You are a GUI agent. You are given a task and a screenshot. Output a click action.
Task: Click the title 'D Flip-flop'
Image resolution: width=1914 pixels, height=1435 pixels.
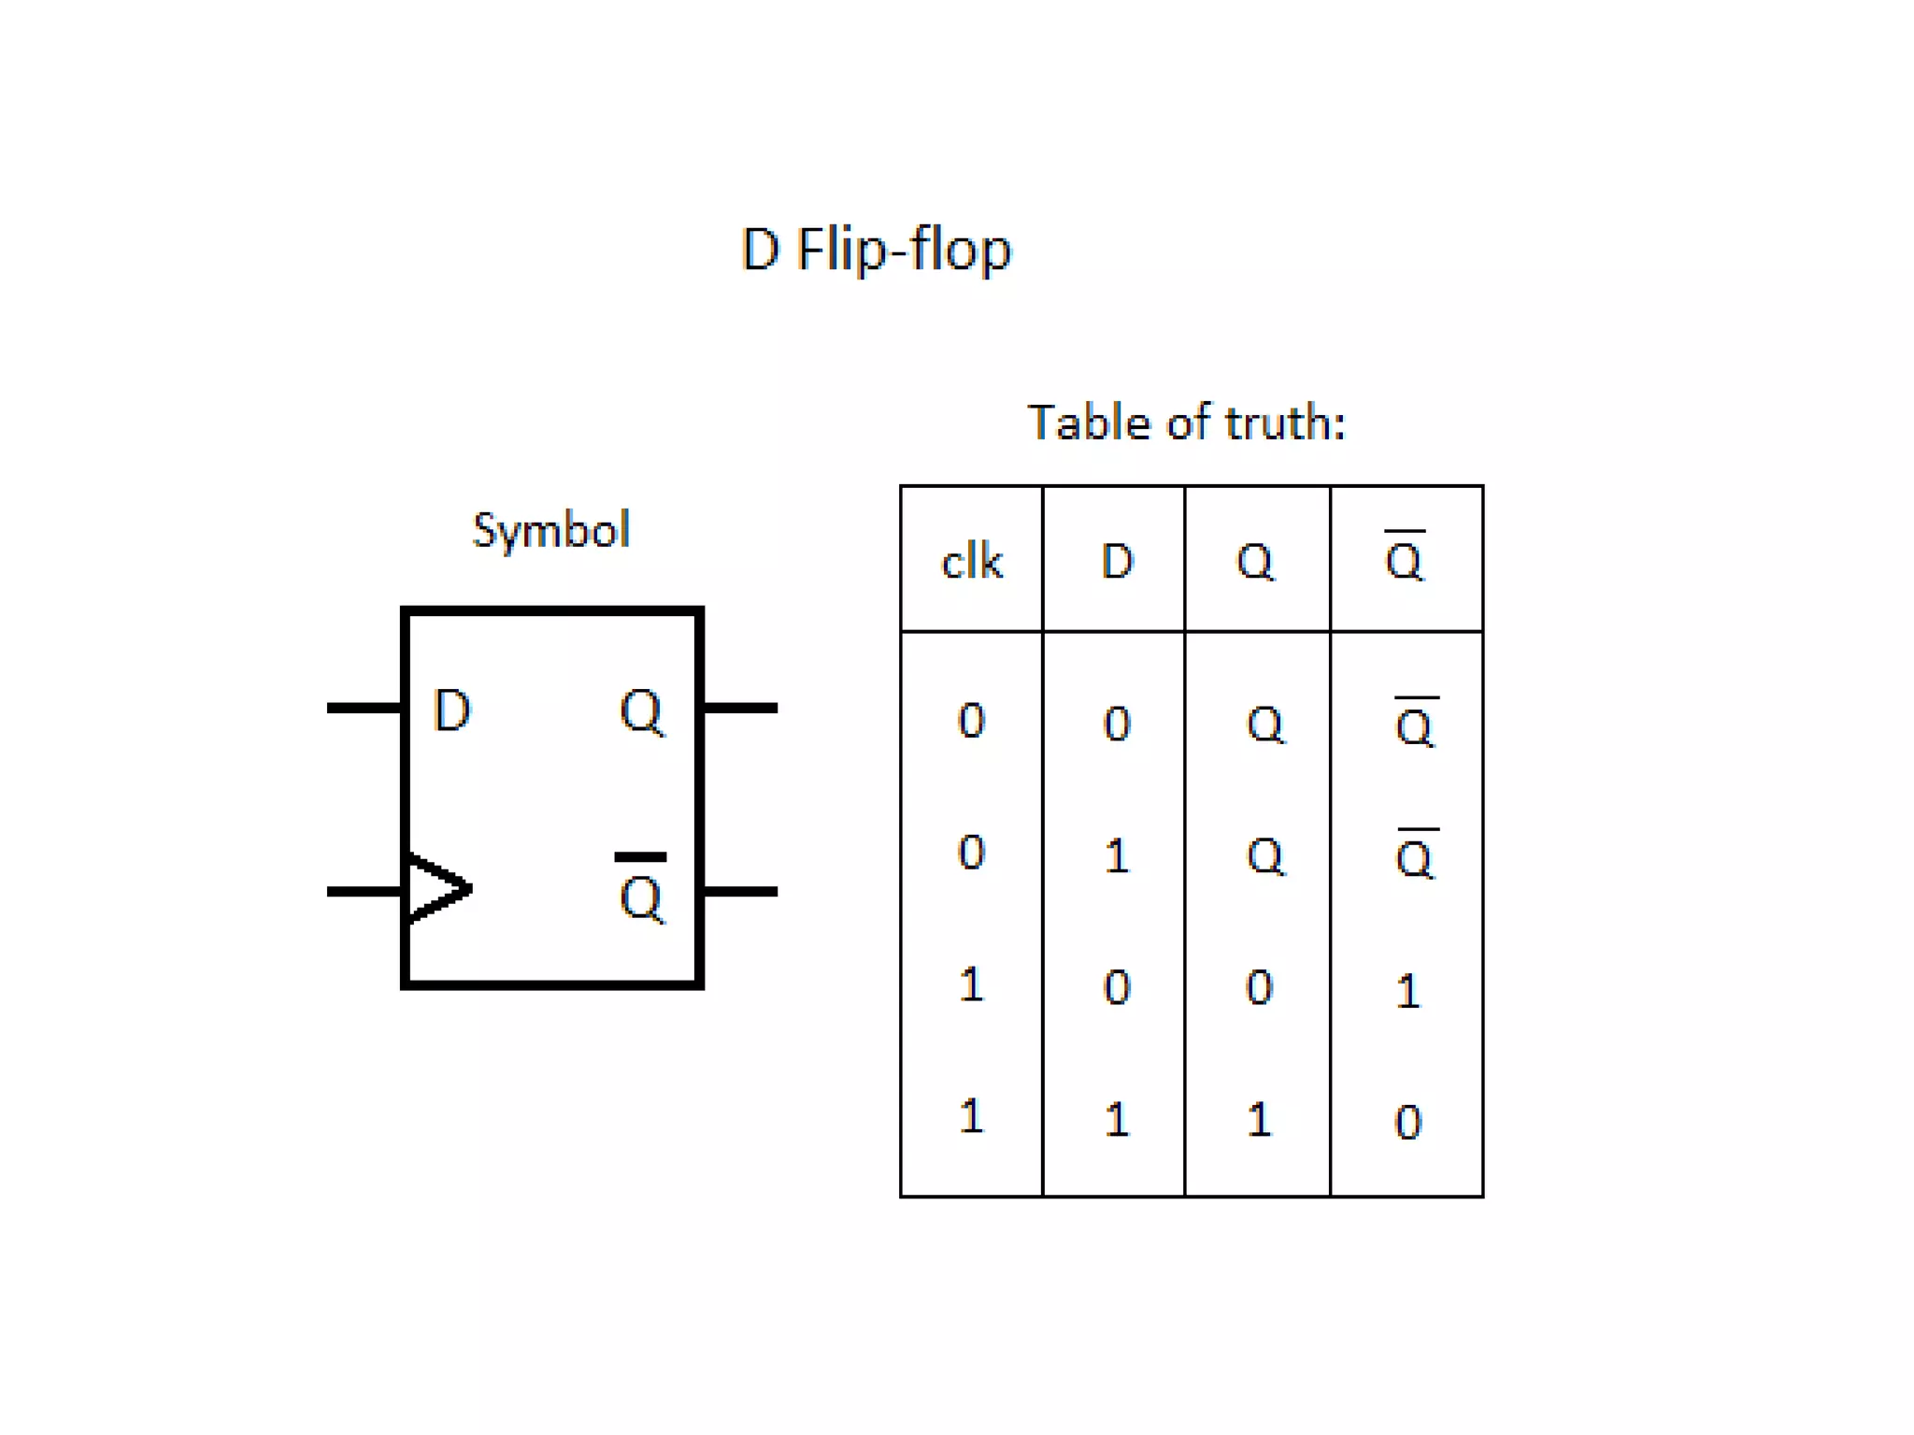click(876, 250)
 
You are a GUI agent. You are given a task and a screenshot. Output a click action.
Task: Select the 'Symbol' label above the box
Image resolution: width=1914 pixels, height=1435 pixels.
click(551, 531)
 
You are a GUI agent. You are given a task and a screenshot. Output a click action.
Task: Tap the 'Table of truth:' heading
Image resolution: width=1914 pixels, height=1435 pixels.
click(1186, 423)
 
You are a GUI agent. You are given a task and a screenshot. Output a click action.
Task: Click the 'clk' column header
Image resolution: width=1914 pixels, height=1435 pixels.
click(971, 562)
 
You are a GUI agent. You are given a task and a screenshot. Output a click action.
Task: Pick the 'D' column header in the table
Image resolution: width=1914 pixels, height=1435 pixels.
click(1117, 562)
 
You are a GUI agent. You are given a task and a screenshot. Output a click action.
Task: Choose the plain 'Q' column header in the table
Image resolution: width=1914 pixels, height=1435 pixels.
click(1254, 562)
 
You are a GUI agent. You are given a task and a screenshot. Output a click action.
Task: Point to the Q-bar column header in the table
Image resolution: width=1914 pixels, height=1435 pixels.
click(1404, 559)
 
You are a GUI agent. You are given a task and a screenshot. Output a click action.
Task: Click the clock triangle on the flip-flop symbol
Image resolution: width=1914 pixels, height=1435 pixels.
click(437, 888)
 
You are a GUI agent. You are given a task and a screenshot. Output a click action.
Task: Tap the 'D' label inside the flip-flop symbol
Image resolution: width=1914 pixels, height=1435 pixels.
click(452, 710)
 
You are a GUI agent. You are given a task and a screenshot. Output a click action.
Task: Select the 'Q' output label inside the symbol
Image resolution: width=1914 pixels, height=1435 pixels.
click(641, 712)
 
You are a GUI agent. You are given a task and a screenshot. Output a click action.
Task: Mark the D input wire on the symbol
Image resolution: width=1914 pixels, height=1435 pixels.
click(364, 708)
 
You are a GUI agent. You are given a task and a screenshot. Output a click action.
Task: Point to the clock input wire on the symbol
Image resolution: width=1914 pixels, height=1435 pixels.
click(364, 891)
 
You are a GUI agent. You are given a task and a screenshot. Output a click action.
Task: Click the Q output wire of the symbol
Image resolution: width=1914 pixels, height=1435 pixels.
click(740, 708)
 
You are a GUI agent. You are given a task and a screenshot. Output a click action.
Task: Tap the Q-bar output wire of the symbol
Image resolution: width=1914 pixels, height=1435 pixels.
click(740, 891)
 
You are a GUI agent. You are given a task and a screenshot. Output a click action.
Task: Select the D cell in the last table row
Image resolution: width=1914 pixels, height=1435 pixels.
click(1117, 1119)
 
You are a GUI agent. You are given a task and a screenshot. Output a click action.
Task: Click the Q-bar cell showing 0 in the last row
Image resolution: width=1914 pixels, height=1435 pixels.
click(1407, 1122)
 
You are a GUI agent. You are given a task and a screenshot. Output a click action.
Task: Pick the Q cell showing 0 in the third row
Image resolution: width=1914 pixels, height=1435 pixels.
click(1259, 987)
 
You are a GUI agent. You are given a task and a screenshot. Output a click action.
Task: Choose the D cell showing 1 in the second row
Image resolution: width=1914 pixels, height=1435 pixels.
click(1117, 855)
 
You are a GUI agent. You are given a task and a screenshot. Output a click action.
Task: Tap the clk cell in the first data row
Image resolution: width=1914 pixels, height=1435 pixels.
click(971, 721)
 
